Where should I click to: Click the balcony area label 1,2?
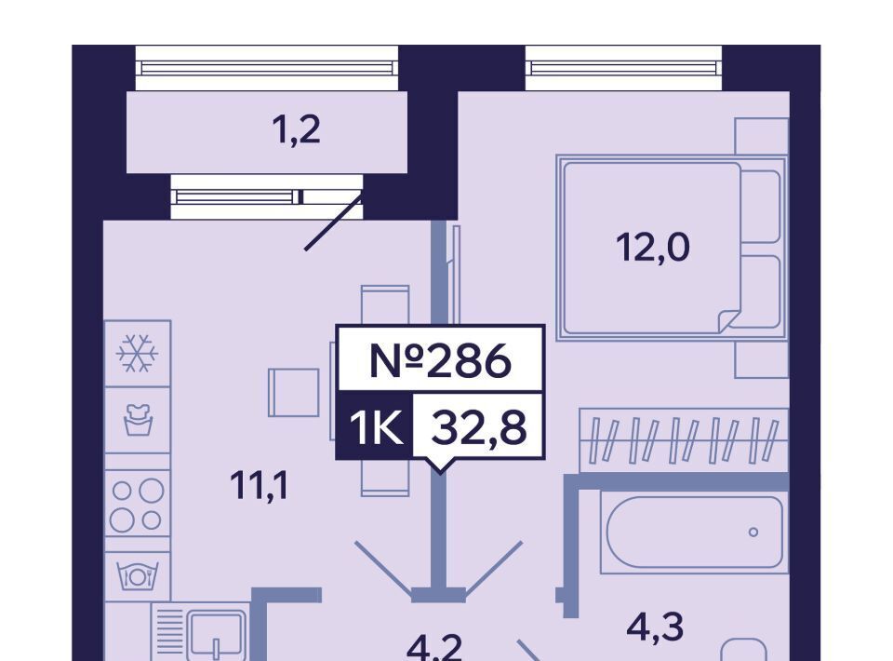point(296,130)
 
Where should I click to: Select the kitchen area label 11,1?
point(260,485)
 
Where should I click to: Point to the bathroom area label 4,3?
point(655,627)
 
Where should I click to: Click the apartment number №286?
point(440,360)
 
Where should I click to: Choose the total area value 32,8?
point(477,428)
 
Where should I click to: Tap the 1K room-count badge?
point(375,429)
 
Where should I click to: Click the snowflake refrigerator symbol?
point(138,354)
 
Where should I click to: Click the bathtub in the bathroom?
point(694,532)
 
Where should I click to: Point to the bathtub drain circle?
point(753,533)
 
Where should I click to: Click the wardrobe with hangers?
point(683,438)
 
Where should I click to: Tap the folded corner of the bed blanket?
point(728,321)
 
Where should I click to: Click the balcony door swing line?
point(333,223)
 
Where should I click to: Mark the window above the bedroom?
point(623,68)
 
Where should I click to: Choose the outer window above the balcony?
point(267,68)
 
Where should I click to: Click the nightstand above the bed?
point(761,136)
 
